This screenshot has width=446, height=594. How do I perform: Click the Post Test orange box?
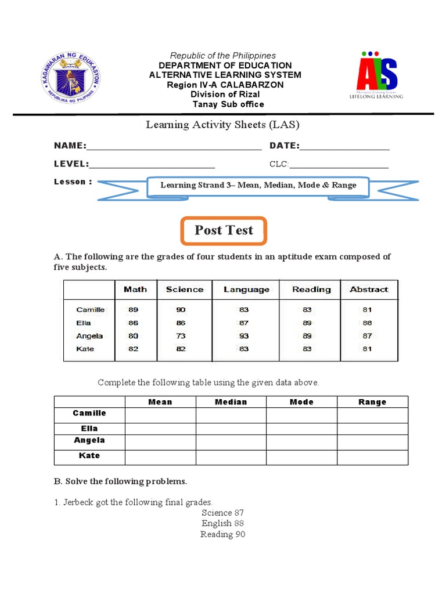[x=224, y=230]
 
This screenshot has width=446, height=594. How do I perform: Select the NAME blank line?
[x=174, y=149]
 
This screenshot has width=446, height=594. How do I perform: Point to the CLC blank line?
[x=339, y=168]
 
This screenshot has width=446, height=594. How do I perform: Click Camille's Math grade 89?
[x=134, y=310]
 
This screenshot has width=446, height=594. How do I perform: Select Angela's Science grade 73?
[x=181, y=336]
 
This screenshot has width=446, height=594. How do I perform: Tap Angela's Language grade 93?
[x=244, y=336]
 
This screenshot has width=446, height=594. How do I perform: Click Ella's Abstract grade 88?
[x=367, y=323]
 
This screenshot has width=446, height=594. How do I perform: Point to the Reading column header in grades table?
[x=312, y=289]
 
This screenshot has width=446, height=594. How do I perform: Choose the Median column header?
[x=231, y=402]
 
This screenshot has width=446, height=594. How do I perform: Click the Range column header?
[x=372, y=402]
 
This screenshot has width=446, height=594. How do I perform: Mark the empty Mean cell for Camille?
[x=160, y=415]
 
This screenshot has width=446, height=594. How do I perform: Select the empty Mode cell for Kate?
[x=301, y=458]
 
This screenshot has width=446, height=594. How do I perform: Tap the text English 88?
[x=223, y=523]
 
